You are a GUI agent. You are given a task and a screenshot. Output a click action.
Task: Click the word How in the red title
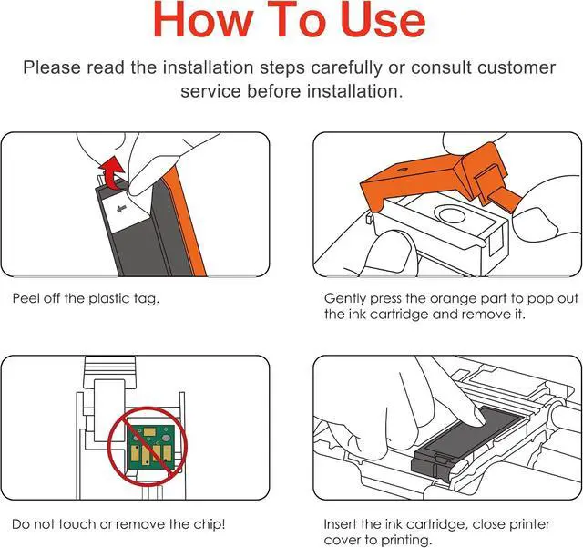202,19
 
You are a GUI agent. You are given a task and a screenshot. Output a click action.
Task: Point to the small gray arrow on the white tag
121,209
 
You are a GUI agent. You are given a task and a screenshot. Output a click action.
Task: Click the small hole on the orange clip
402,170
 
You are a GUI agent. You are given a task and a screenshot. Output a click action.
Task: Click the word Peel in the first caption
26,298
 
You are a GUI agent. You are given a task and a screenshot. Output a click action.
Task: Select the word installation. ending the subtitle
354,91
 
